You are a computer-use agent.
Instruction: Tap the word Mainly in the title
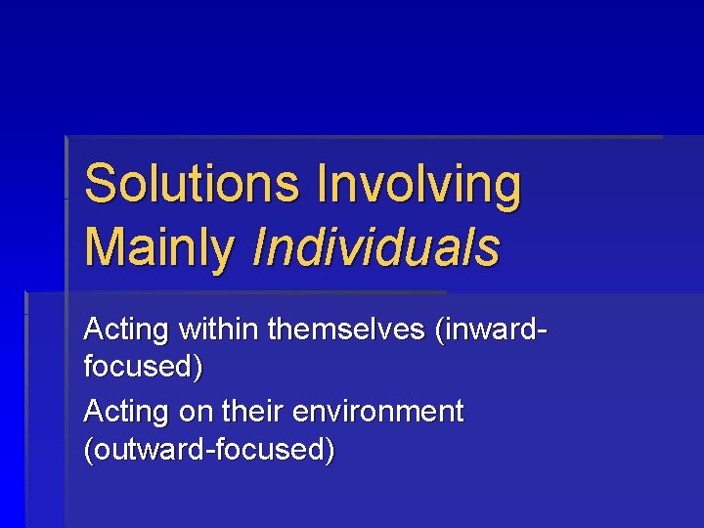point(159,246)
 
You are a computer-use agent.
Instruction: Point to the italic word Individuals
point(375,246)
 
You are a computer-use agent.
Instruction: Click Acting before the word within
point(126,330)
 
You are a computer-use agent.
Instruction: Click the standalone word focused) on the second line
point(144,368)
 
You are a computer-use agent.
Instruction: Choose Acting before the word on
point(126,412)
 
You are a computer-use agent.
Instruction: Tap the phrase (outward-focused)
point(209,451)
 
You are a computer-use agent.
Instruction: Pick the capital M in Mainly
point(104,246)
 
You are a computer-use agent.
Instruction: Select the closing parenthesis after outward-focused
point(330,451)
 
